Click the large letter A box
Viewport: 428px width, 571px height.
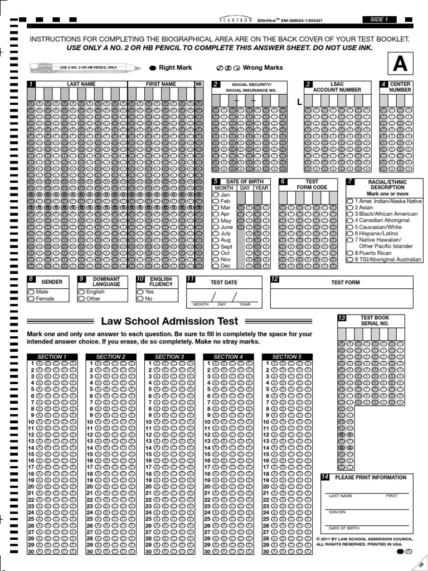click(400, 65)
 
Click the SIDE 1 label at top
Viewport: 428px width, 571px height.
click(379, 20)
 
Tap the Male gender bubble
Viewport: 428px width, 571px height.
click(31, 292)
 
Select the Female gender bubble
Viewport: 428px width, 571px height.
click(31, 299)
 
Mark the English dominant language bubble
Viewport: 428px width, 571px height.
click(81, 292)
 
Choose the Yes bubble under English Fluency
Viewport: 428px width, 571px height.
click(140, 292)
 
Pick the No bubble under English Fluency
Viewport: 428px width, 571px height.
click(140, 299)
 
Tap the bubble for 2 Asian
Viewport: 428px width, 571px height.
click(349, 207)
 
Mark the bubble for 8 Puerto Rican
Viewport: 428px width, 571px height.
click(349, 253)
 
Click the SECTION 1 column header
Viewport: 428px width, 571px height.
click(51, 356)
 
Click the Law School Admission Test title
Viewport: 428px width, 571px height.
click(169, 321)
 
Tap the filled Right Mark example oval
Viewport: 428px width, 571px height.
click(153, 68)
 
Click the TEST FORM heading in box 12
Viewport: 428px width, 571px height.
click(346, 282)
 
